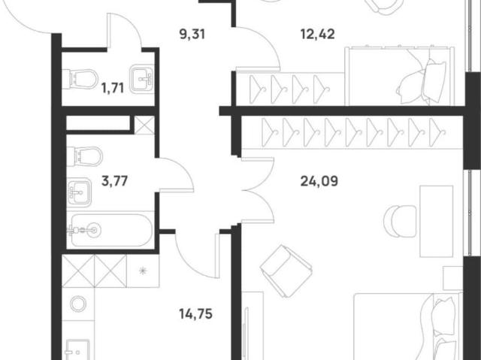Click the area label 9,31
[x=192, y=34]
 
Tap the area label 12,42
[x=317, y=34]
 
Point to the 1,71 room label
[x=113, y=89]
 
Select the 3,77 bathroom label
[x=114, y=181]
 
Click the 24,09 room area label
[x=319, y=181]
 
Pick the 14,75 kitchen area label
[x=195, y=314]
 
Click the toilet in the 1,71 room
[x=80, y=79]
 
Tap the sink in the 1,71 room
[x=141, y=79]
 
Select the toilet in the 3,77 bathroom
[x=84, y=156]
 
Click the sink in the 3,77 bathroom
[x=79, y=192]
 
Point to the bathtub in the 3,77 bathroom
[x=110, y=230]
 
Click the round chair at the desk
[x=400, y=221]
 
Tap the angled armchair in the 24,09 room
[x=286, y=271]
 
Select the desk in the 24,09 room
[x=436, y=221]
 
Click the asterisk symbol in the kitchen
[x=143, y=271]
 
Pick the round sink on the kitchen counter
[x=78, y=304]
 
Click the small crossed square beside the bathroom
[x=144, y=125]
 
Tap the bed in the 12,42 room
[x=400, y=77]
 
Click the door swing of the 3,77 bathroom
[x=176, y=174]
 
